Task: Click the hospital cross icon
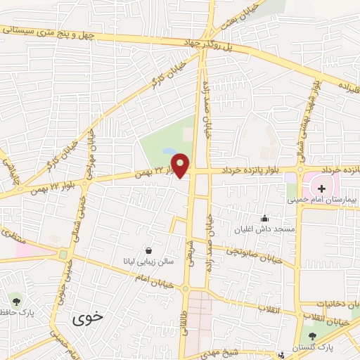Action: click(x=321, y=188)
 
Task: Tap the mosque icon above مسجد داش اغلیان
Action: click(x=264, y=219)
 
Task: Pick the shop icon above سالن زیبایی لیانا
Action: click(x=148, y=250)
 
